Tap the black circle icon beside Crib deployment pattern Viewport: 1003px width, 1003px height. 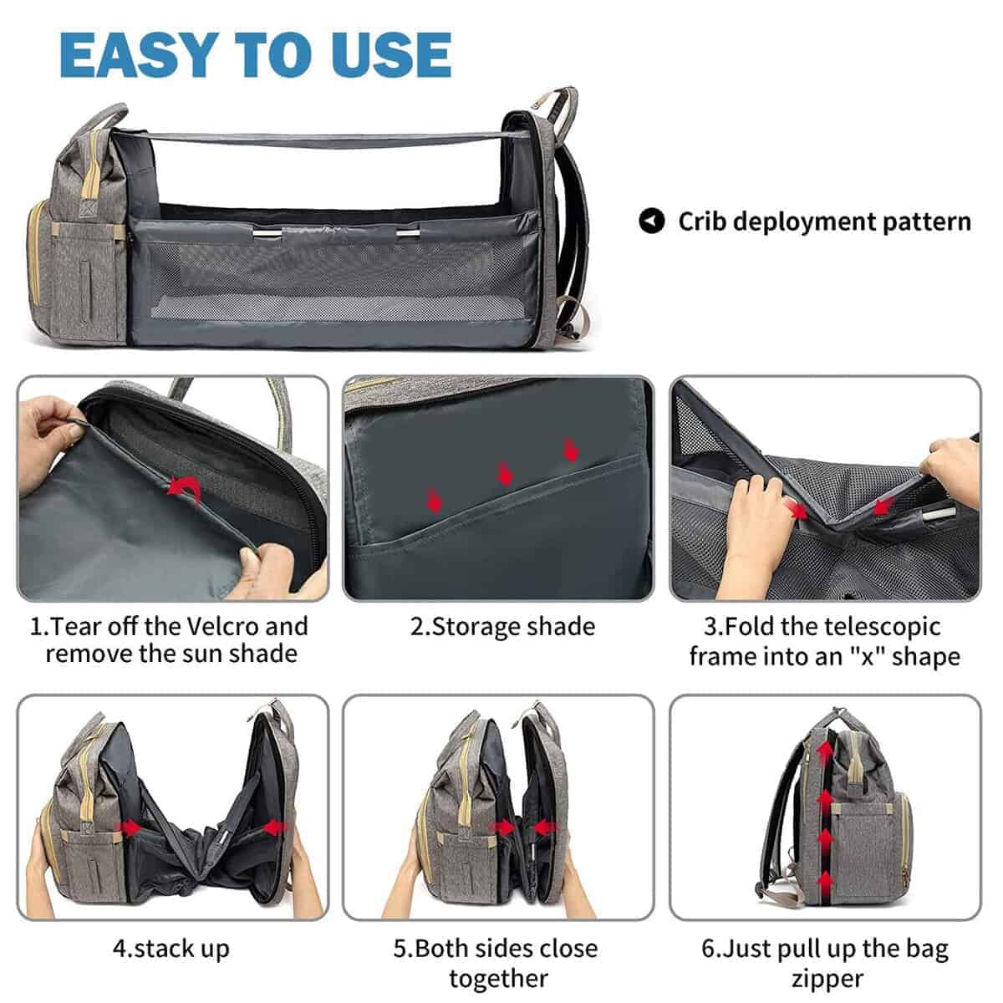(652, 221)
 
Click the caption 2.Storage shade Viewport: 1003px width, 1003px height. (502, 627)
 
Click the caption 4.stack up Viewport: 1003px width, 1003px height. (171, 949)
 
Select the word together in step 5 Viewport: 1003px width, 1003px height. (499, 978)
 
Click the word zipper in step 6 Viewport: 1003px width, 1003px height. (827, 978)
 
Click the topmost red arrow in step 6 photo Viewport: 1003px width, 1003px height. (826, 749)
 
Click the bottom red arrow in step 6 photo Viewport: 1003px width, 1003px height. (826, 882)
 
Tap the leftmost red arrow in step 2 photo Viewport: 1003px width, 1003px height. (434, 501)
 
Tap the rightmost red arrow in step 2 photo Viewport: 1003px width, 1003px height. (572, 451)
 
